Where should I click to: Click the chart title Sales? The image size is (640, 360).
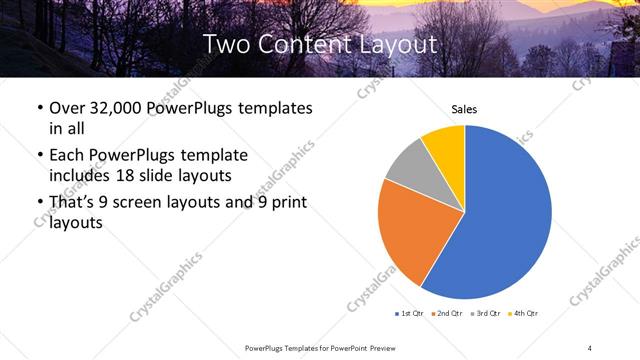(464, 108)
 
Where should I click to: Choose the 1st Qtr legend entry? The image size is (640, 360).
(411, 314)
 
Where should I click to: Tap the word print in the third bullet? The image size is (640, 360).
(287, 203)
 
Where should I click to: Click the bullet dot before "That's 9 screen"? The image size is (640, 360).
(38, 204)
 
